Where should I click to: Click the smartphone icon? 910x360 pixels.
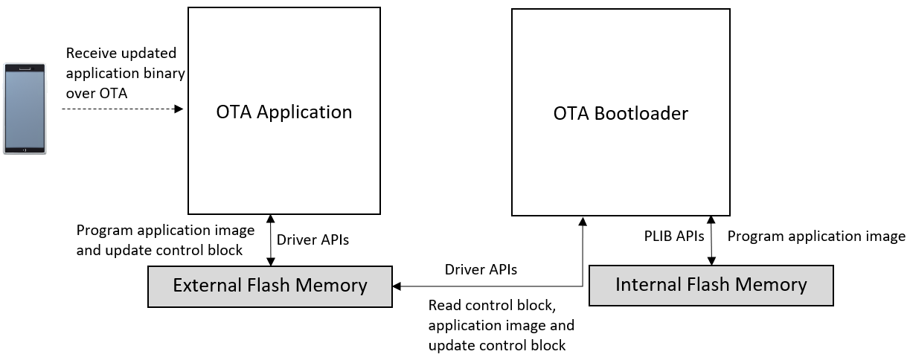pos(25,109)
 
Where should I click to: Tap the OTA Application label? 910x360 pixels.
pos(283,112)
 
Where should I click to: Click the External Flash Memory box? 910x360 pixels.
pos(270,286)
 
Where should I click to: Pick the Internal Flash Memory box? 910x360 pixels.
pos(711,285)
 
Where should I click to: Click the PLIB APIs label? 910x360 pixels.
pos(673,237)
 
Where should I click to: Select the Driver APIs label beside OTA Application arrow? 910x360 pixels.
pos(313,240)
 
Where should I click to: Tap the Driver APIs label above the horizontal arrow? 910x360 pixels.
pos(480,269)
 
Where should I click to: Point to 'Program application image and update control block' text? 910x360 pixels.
pos(165,240)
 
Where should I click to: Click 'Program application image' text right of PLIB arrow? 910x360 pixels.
pos(816,237)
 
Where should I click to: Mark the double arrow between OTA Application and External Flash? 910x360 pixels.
pos(271,240)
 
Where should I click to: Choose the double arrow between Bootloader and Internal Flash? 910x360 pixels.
pos(711,240)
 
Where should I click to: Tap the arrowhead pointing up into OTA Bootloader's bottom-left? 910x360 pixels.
pos(583,222)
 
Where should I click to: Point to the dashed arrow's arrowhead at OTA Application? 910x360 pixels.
pos(179,109)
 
